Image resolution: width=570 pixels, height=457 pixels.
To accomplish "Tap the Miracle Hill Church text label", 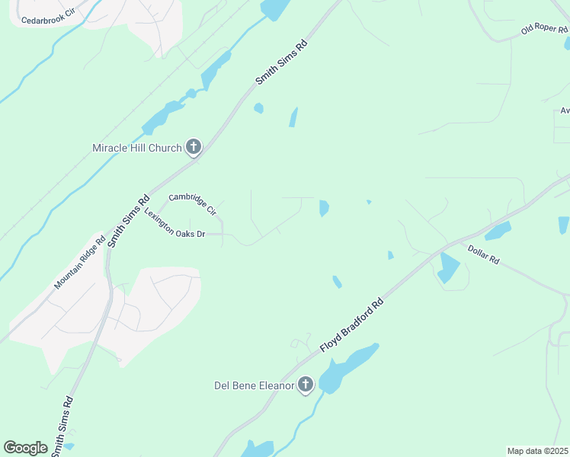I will click(x=136, y=148).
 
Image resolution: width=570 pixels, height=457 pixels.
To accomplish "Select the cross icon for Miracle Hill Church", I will click(x=194, y=147).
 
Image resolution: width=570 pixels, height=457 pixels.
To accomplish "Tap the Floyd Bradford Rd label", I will click(x=351, y=324).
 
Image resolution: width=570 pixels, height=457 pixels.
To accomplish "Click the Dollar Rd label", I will click(x=483, y=254).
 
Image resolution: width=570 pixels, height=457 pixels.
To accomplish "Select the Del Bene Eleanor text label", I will click(x=253, y=385).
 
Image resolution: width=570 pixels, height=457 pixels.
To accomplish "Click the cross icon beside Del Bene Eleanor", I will click(x=306, y=385).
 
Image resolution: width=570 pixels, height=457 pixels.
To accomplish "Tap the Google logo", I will click(x=25, y=448).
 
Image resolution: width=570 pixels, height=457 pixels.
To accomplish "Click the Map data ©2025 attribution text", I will click(x=537, y=451).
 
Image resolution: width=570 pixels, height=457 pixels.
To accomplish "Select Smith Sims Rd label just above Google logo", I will click(x=60, y=425).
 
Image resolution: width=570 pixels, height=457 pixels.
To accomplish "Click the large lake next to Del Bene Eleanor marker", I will click(x=347, y=366).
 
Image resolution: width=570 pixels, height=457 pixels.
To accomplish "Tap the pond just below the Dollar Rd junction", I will click(x=449, y=267).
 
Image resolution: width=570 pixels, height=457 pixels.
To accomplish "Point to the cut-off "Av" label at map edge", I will click(x=565, y=110).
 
